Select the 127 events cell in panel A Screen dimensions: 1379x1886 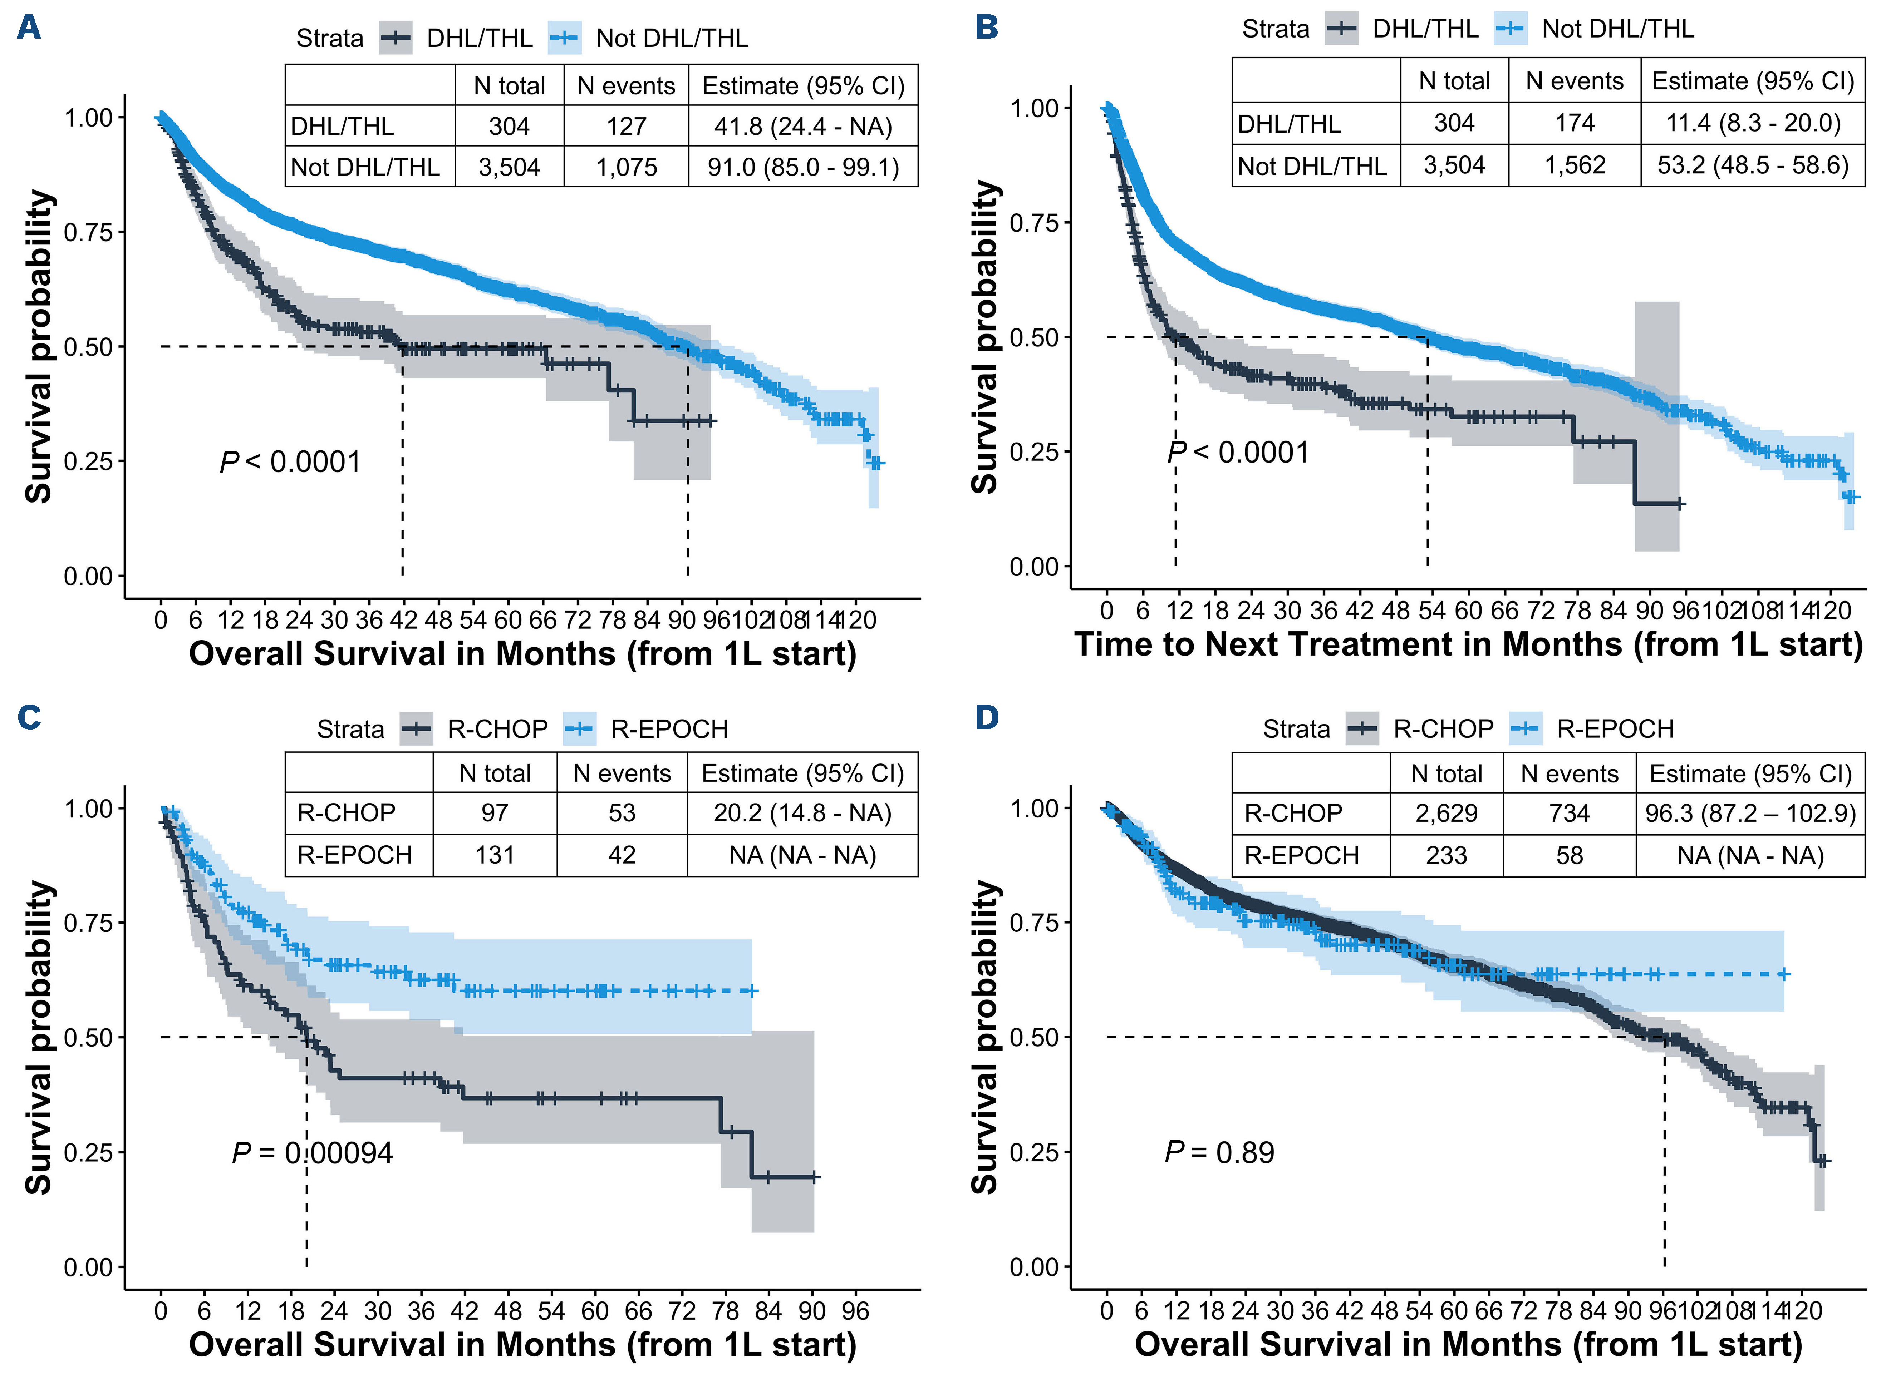[x=626, y=126]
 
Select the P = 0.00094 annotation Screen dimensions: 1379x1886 [x=311, y=1153]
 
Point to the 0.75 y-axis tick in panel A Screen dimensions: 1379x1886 [x=88, y=232]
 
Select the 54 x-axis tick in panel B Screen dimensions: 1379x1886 [x=1431, y=611]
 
